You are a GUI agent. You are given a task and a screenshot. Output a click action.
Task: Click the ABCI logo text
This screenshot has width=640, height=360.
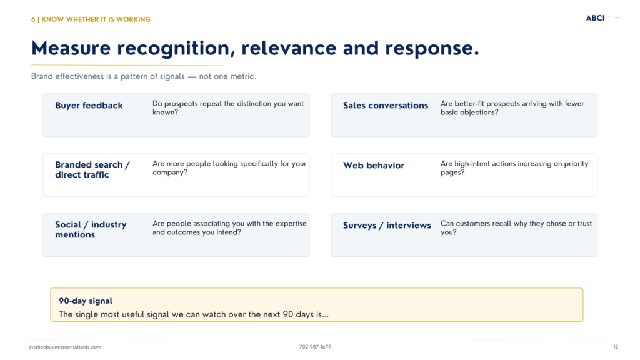pos(595,18)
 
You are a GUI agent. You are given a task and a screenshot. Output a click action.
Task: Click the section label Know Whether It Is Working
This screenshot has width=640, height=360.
pos(91,19)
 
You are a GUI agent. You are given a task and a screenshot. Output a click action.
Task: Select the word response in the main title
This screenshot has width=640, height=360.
pos(432,49)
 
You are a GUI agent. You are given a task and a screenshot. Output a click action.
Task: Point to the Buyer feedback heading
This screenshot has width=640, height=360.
pos(89,105)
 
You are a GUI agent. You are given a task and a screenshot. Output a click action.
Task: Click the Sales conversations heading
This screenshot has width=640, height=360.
pos(386,105)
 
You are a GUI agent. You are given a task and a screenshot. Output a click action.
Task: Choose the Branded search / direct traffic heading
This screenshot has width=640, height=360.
pos(92,170)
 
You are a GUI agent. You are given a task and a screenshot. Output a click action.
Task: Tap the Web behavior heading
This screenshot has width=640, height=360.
pos(374,165)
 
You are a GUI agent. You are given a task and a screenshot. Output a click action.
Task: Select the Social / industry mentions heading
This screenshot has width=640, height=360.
pos(91,229)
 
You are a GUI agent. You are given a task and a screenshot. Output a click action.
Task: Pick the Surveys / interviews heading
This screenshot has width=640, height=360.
pos(387,225)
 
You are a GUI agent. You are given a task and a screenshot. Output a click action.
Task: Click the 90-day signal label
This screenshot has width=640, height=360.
pos(86,301)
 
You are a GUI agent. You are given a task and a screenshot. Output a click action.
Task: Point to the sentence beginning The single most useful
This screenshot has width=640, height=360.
pos(194,315)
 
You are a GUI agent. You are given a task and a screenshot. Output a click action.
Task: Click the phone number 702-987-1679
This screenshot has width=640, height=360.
pos(315,347)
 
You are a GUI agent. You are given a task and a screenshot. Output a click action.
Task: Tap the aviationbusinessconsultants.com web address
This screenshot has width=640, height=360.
pos(65,347)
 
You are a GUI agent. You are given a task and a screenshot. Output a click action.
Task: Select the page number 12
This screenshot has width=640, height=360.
pos(616,347)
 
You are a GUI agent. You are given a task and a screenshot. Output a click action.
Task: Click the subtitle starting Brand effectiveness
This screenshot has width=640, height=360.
pos(144,76)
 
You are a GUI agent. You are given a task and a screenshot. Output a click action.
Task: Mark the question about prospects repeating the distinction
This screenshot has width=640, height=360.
pos(228,107)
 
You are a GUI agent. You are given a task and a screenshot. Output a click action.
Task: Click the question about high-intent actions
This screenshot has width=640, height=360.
pos(514,167)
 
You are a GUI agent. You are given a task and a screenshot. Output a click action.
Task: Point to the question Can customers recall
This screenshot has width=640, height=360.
pos(516,227)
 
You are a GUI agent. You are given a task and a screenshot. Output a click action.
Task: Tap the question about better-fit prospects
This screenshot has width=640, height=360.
pos(512,107)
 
